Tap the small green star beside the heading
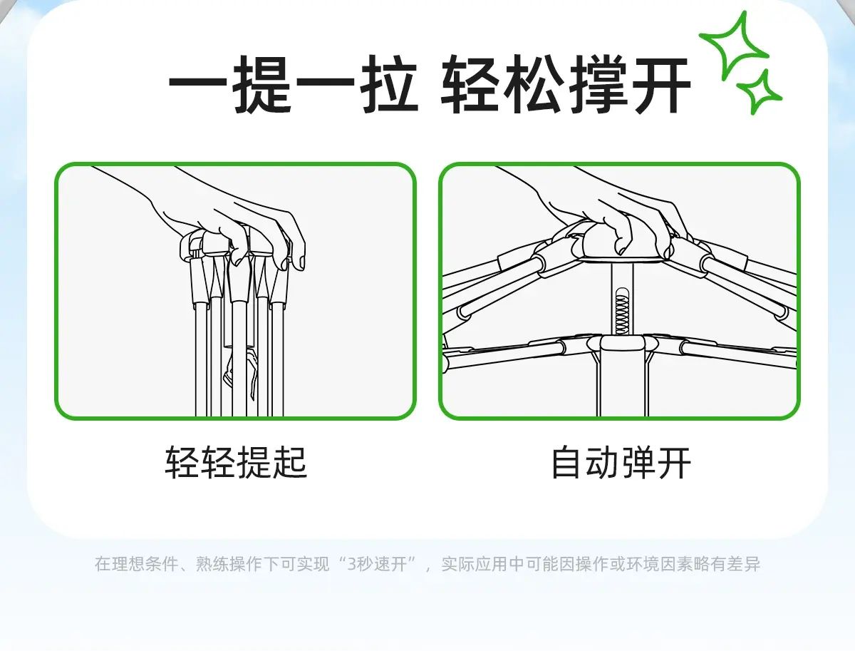coord(759,92)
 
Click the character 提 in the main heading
coord(263,87)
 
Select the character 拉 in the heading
coord(388,87)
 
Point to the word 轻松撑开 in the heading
coord(566,87)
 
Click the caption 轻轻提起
coord(236,463)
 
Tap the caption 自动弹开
coord(621,463)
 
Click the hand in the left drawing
coord(228,214)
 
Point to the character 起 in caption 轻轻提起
coord(290,463)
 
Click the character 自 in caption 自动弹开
coord(568,463)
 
